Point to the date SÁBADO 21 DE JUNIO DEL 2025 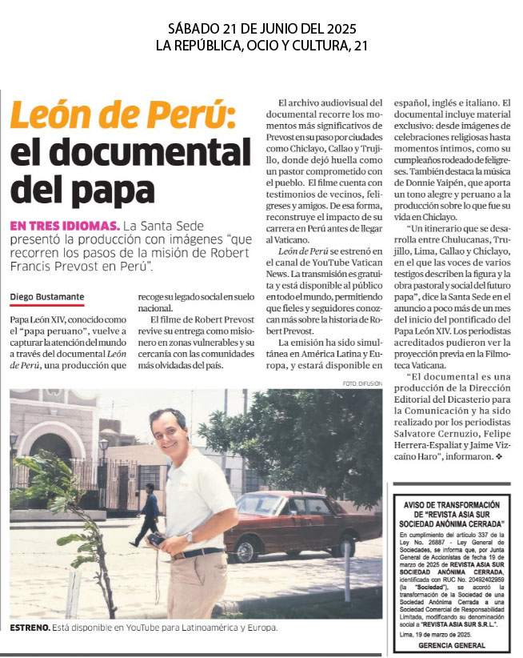click(x=261, y=30)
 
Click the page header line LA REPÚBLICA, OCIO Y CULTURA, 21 click(x=261, y=46)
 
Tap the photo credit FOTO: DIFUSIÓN click(x=362, y=383)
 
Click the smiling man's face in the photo click(x=170, y=431)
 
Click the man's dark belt click(x=198, y=552)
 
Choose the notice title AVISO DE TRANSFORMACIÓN click(x=456, y=504)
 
